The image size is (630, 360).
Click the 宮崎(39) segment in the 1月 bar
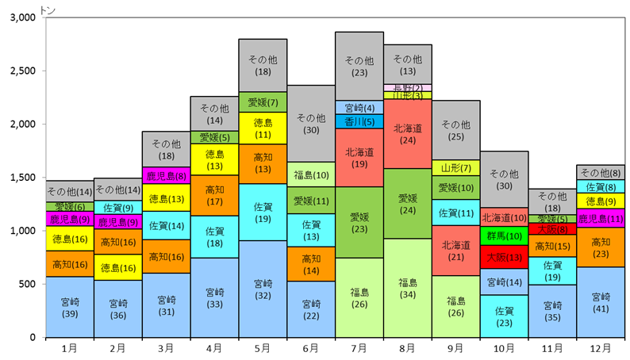(70, 307)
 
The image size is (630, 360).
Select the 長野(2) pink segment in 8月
(408, 87)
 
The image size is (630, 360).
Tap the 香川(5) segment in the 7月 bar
(359, 121)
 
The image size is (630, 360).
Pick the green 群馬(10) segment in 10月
(505, 236)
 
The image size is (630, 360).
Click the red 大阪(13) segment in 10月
(505, 257)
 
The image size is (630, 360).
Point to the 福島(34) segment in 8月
(408, 288)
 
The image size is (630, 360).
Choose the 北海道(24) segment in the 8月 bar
(408, 134)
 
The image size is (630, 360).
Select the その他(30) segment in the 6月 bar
(311, 124)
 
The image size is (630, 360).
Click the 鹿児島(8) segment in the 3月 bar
(167, 175)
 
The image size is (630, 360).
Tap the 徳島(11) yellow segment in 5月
(263, 128)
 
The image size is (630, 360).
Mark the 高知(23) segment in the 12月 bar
(601, 247)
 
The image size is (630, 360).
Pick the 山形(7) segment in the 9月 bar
(456, 168)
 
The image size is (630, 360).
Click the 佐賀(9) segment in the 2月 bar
(118, 208)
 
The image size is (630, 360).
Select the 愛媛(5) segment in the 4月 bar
(215, 137)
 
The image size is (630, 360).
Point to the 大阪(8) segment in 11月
(553, 229)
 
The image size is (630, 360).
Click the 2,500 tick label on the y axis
(23, 71)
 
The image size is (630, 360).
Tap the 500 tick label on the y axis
(27, 284)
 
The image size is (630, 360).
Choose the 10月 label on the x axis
(504, 348)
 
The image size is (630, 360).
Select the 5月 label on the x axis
(263, 348)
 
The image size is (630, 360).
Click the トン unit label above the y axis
(48, 11)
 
